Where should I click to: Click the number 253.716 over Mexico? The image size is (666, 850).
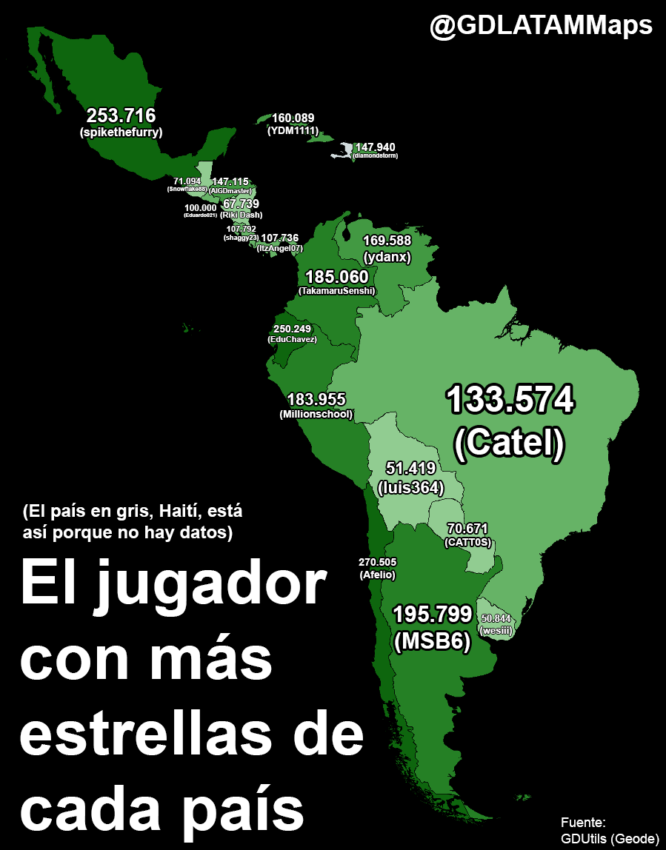coord(121,116)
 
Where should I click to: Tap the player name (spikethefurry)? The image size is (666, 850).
coord(121,133)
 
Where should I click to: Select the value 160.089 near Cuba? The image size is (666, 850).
coord(293,118)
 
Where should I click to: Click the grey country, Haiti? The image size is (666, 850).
coord(342,151)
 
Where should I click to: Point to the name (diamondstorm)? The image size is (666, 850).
coord(376,156)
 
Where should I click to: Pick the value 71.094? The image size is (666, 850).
coord(187,181)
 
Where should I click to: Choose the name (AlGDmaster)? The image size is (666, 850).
coord(230,191)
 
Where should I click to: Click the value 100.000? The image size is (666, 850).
coord(201,207)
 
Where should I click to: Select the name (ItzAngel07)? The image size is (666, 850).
coord(279,249)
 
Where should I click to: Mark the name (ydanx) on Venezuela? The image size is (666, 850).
coord(387,257)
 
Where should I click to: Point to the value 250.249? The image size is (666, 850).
coord(292,329)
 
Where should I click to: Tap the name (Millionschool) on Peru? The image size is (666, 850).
coord(316,415)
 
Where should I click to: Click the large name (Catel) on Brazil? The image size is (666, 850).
coord(510,443)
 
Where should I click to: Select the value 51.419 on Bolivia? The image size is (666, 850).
coord(410,468)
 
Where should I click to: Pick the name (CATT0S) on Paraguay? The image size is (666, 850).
coord(467,543)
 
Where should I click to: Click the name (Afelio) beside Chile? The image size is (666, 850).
coord(377,575)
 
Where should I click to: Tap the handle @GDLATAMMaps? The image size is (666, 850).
coord(542,27)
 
